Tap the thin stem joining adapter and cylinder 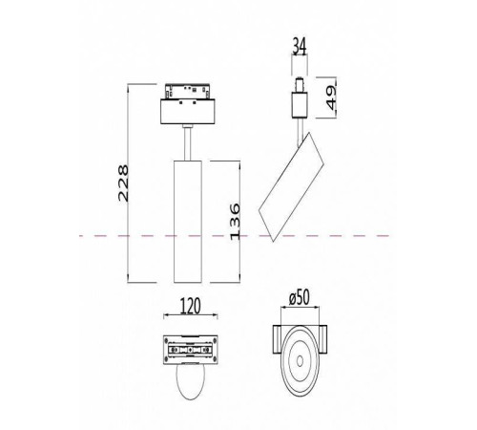(x=187, y=143)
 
